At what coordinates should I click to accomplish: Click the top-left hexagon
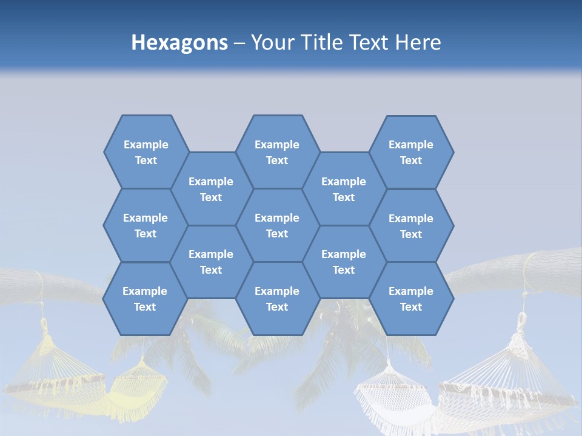tap(146, 152)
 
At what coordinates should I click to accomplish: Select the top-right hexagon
tap(411, 152)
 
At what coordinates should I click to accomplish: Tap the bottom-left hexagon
tap(145, 299)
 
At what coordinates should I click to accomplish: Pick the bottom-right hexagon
tap(411, 299)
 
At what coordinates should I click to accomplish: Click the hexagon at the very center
tap(277, 225)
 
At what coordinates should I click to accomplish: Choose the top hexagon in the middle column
tap(277, 152)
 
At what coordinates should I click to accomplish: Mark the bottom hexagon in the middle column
tap(277, 299)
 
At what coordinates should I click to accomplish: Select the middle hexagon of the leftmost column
tap(145, 225)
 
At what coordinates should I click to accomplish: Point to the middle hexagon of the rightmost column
tap(411, 226)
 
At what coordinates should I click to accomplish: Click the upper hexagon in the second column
tap(211, 189)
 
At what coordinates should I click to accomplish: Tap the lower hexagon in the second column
tap(211, 262)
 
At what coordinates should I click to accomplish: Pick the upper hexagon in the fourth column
tap(344, 189)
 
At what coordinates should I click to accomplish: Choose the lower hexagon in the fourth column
tap(344, 262)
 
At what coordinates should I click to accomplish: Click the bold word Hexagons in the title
tap(179, 42)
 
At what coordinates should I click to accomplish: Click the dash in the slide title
tap(239, 43)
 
